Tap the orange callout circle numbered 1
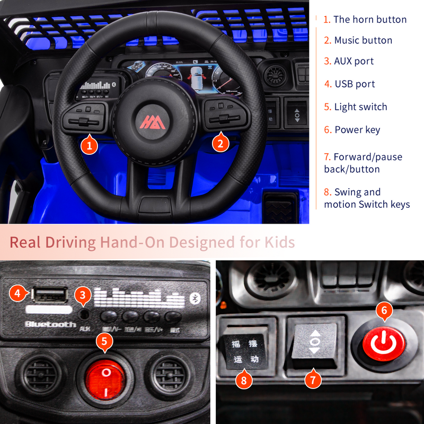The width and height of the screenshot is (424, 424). pyautogui.click(x=90, y=145)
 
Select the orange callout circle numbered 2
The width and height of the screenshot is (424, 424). pyautogui.click(x=220, y=143)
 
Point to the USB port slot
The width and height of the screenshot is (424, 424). pyautogui.click(x=50, y=294)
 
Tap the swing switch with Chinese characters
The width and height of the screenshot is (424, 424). pyautogui.click(x=244, y=351)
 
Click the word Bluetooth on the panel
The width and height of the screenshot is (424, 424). pyautogui.click(x=50, y=324)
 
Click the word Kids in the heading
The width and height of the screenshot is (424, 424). pyautogui.click(x=279, y=243)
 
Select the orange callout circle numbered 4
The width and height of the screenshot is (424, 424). pyautogui.click(x=17, y=292)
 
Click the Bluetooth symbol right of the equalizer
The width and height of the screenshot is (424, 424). pyautogui.click(x=195, y=299)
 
